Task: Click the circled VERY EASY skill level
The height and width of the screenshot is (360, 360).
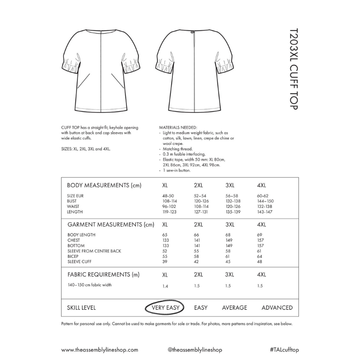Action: click(x=165, y=308)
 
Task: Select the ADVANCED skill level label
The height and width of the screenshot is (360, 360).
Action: click(x=277, y=308)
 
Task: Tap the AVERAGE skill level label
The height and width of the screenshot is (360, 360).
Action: click(x=234, y=308)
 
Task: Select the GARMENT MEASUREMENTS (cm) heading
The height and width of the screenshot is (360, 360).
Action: click(x=111, y=224)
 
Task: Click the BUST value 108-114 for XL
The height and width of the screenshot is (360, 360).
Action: click(x=169, y=201)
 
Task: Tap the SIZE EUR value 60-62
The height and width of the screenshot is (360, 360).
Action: click(x=263, y=196)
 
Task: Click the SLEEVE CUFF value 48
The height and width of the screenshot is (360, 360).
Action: click(x=259, y=261)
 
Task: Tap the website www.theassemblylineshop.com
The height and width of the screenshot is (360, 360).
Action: click(x=99, y=349)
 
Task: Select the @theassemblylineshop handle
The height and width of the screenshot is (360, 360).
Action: click(x=195, y=349)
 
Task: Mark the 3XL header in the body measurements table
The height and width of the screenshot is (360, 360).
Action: click(x=230, y=185)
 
